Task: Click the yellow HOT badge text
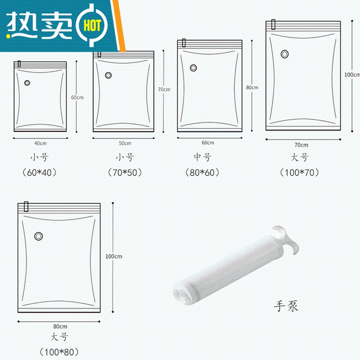[x=92, y=25]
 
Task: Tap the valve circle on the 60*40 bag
[x=27, y=83]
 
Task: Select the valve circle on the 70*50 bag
[x=108, y=75]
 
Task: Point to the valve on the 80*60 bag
[x=193, y=68]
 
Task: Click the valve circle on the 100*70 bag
[x=284, y=54]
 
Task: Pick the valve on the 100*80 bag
[x=39, y=236]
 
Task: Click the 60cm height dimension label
[x=77, y=98]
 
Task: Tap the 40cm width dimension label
[x=40, y=143]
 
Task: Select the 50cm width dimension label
[x=125, y=143]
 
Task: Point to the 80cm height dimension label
[x=252, y=87]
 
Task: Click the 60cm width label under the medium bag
[x=208, y=143]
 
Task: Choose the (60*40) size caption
[x=39, y=173]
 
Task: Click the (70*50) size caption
[x=125, y=173]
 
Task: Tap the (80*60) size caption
[x=202, y=173]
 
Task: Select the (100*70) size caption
[x=299, y=173]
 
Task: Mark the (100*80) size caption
[x=59, y=352]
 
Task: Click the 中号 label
[x=202, y=157]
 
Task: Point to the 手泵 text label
[x=286, y=306]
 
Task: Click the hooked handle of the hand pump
[x=286, y=239]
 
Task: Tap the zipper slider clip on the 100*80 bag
[x=26, y=207]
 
